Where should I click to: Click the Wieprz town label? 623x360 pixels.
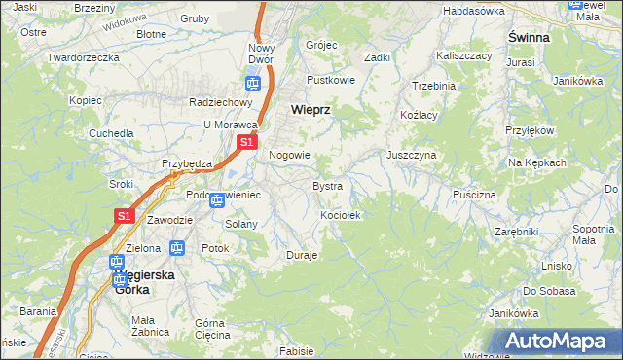310,110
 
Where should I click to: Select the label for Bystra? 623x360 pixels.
326,185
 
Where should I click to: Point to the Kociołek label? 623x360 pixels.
341,215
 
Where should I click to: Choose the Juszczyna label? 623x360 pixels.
411,155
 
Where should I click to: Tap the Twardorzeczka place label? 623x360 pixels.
83,57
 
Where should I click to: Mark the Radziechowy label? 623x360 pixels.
221,102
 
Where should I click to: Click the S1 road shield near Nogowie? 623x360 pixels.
246,142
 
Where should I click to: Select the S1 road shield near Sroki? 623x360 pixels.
124,216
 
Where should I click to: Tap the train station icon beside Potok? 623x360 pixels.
177,248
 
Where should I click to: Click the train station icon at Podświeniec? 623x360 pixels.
217,201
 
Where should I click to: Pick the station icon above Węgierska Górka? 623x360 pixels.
116,262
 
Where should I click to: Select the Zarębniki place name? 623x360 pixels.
516,232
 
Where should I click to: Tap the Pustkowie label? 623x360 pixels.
327,79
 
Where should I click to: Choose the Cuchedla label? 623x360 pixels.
111,132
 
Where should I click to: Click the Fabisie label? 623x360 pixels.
296,350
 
